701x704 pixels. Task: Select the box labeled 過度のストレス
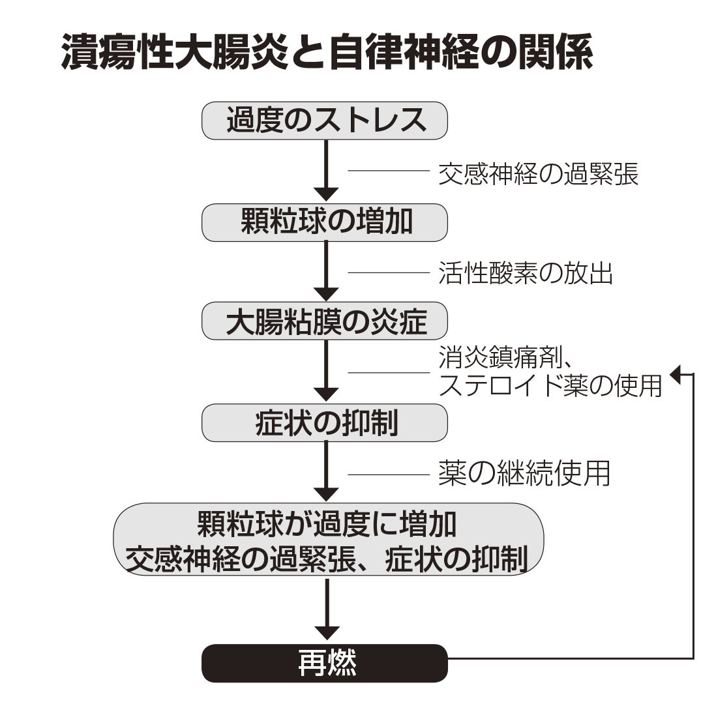point(325,121)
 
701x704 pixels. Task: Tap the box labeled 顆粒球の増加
point(325,222)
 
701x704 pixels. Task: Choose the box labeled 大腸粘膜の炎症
point(325,322)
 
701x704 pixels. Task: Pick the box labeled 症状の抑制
point(325,423)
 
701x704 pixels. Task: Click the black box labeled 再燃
point(325,663)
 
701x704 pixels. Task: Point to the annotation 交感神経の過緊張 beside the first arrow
point(538,173)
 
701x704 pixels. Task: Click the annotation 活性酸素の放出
point(525,274)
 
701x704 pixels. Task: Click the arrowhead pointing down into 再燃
point(326,633)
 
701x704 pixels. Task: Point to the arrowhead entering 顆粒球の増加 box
point(326,194)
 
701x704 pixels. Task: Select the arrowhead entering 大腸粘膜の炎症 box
point(326,294)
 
